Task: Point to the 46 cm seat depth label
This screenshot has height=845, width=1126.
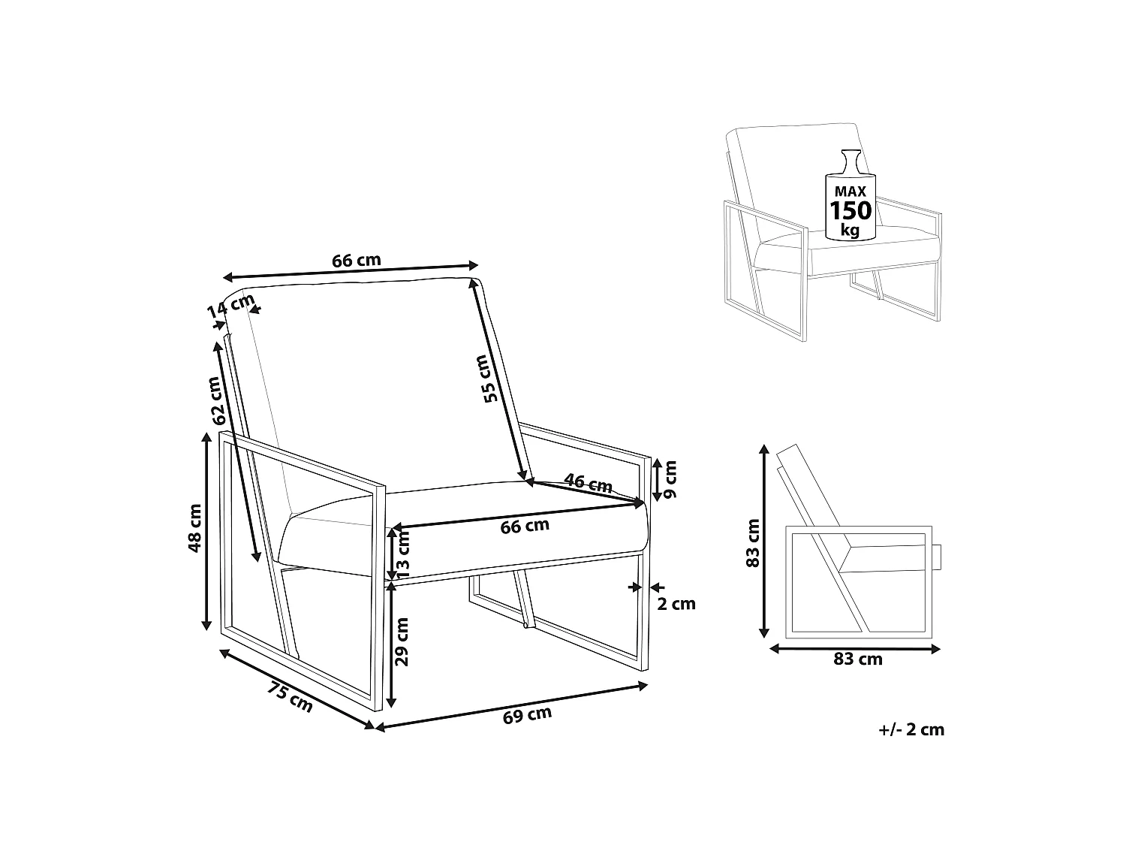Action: point(588,483)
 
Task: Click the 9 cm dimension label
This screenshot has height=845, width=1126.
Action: point(670,479)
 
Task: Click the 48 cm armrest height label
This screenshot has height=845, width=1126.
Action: point(195,528)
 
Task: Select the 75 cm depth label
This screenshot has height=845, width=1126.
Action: point(290,697)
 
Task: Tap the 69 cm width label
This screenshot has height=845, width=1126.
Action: point(527,715)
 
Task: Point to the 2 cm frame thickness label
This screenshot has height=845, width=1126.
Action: point(676,604)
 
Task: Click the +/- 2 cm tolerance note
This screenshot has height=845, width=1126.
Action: point(911,729)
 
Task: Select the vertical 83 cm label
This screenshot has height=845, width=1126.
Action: point(753,543)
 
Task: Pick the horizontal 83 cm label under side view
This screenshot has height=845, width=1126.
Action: point(858,659)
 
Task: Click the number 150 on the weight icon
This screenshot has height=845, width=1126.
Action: point(851,211)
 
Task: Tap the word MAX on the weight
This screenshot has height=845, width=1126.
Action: point(850,192)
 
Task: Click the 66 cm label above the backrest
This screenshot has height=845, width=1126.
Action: point(356,261)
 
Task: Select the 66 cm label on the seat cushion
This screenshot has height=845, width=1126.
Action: point(524,526)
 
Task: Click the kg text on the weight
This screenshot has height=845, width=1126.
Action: point(850,231)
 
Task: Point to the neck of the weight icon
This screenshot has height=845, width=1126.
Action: point(851,163)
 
